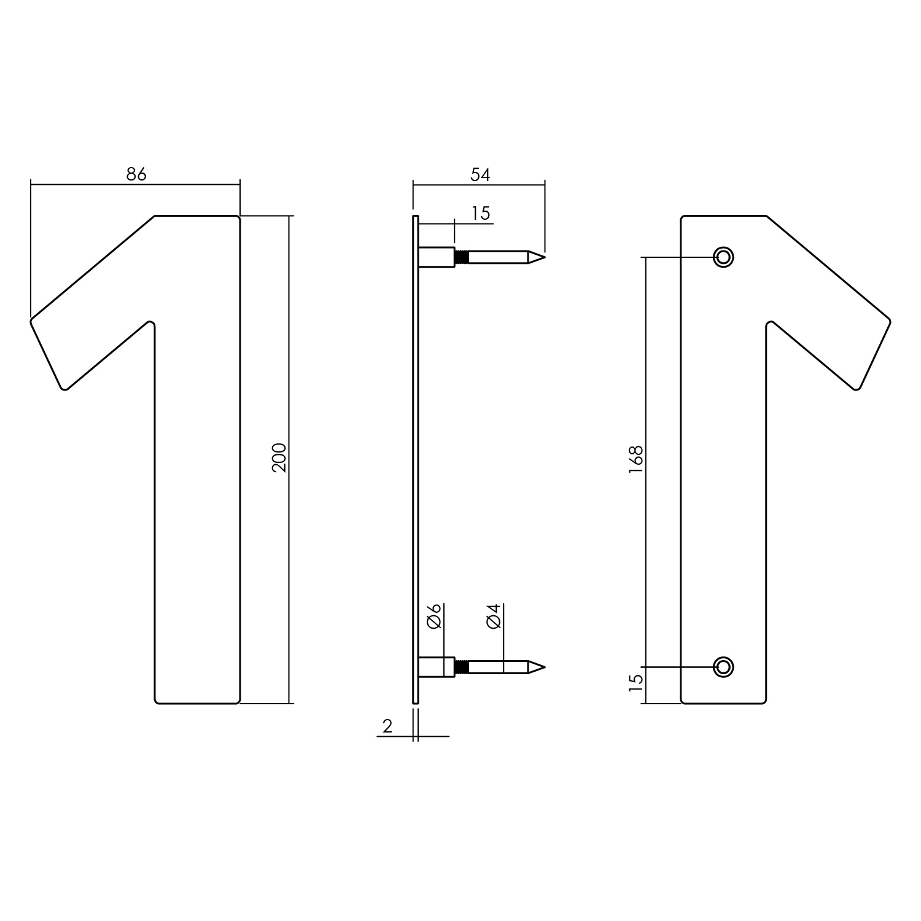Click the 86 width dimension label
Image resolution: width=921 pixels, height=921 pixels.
pyautogui.click(x=136, y=174)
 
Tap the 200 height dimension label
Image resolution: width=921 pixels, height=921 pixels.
pyautogui.click(x=280, y=457)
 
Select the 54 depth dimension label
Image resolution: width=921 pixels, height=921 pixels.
pyautogui.click(x=480, y=174)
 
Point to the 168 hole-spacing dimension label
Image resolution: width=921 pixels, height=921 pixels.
pyautogui.click(x=635, y=459)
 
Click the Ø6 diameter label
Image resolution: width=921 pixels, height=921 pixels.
pyautogui.click(x=434, y=616)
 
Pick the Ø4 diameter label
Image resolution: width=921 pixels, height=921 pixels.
pyautogui.click(x=494, y=616)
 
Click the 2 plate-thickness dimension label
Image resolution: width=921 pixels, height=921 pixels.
pyautogui.click(x=387, y=726)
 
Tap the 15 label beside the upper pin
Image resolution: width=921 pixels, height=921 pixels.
pyautogui.click(x=481, y=213)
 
